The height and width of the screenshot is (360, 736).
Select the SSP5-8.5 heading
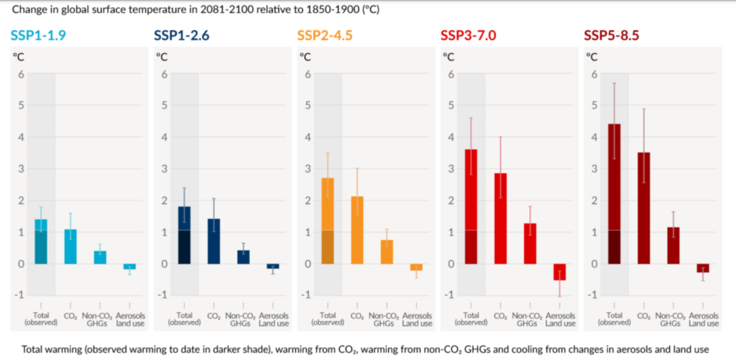click(612, 34)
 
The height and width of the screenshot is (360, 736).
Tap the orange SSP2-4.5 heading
click(325, 34)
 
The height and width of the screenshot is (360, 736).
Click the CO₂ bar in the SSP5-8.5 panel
click(644, 208)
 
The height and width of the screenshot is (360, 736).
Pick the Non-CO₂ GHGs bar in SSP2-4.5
click(386, 251)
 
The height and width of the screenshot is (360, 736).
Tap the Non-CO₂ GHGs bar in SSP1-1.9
click(100, 257)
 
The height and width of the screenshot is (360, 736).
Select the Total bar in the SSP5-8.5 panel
click(614, 194)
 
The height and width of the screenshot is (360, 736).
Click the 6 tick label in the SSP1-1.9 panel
click(21, 73)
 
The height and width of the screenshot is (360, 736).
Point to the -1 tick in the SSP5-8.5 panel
click(592, 295)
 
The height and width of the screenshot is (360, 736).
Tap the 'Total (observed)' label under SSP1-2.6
click(185, 318)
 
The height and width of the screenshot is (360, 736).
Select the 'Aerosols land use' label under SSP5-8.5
click(703, 318)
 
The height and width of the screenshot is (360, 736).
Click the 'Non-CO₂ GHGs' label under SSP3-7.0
click(529, 318)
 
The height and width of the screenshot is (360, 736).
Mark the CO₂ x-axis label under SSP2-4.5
click(356, 315)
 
